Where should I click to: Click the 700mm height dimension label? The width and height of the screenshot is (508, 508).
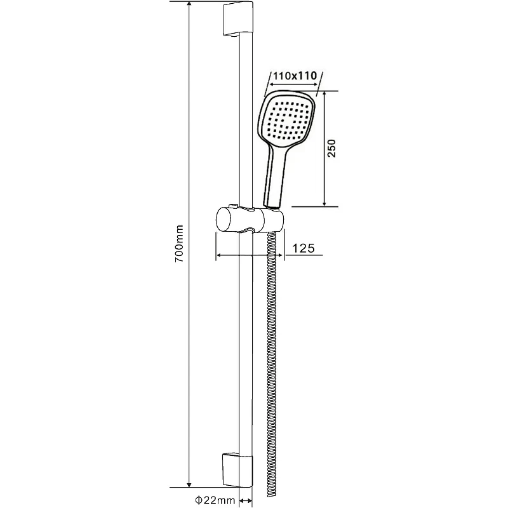(x=178, y=243)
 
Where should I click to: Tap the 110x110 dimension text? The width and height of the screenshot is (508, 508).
(x=295, y=76)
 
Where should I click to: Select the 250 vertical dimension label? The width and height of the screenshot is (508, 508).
(x=331, y=149)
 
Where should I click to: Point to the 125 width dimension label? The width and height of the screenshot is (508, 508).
(x=304, y=248)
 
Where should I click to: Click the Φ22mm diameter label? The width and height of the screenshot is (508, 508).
(x=215, y=500)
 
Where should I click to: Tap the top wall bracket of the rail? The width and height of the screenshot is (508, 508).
(x=237, y=20)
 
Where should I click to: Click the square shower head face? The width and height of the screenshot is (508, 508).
(x=288, y=121)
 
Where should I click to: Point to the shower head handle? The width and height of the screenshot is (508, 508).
(x=276, y=177)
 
